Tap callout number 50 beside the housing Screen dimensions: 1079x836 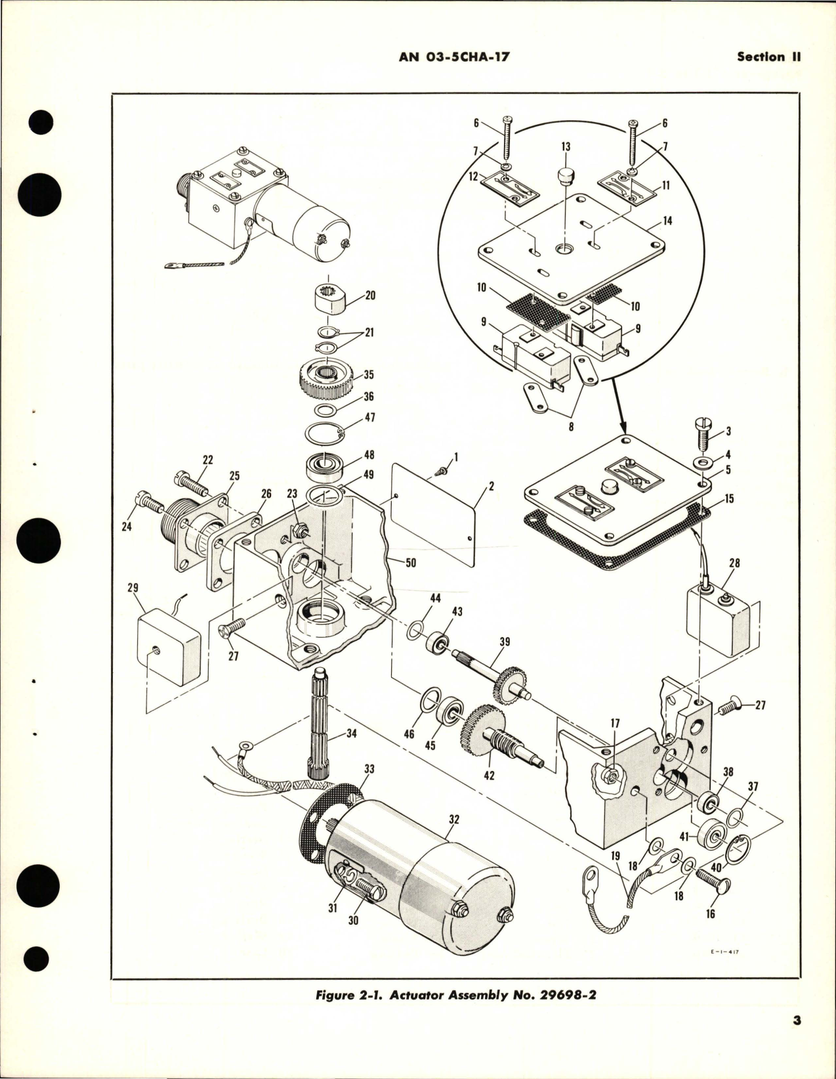[x=411, y=563]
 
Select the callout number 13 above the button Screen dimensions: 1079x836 [x=566, y=146]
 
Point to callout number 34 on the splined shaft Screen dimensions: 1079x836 [x=352, y=733]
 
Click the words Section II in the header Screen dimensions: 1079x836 [x=769, y=57]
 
